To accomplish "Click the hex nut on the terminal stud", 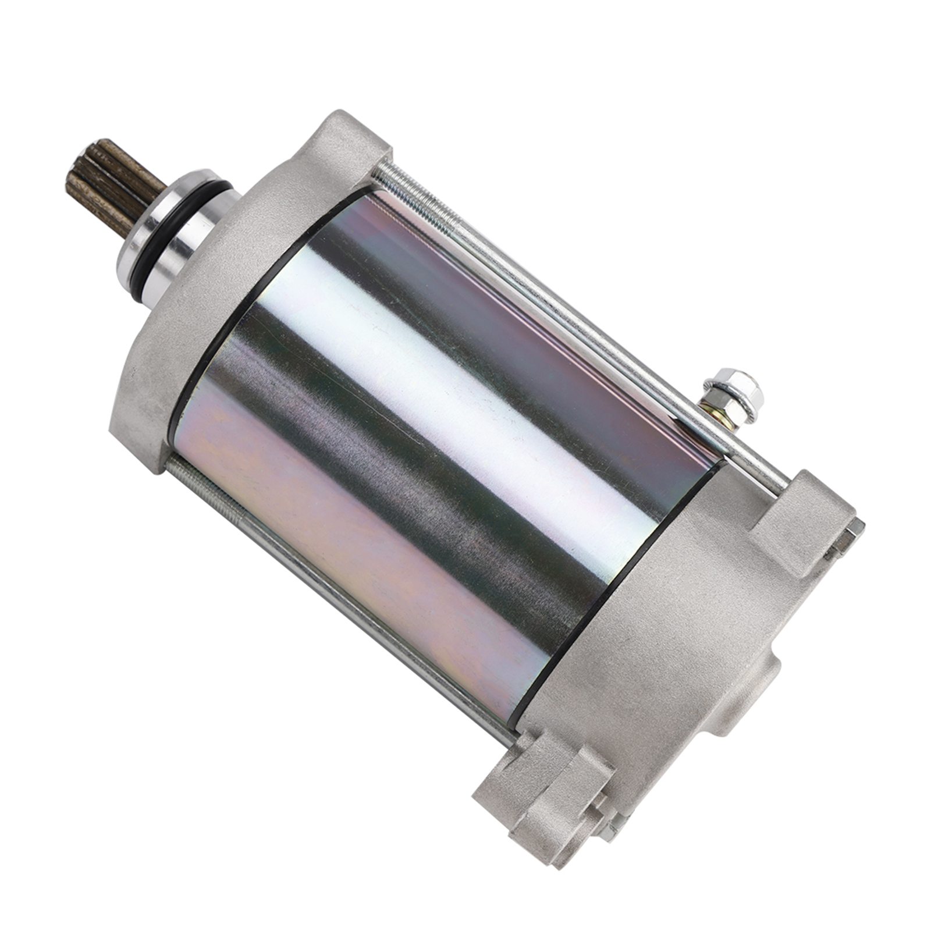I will (x=735, y=387).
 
